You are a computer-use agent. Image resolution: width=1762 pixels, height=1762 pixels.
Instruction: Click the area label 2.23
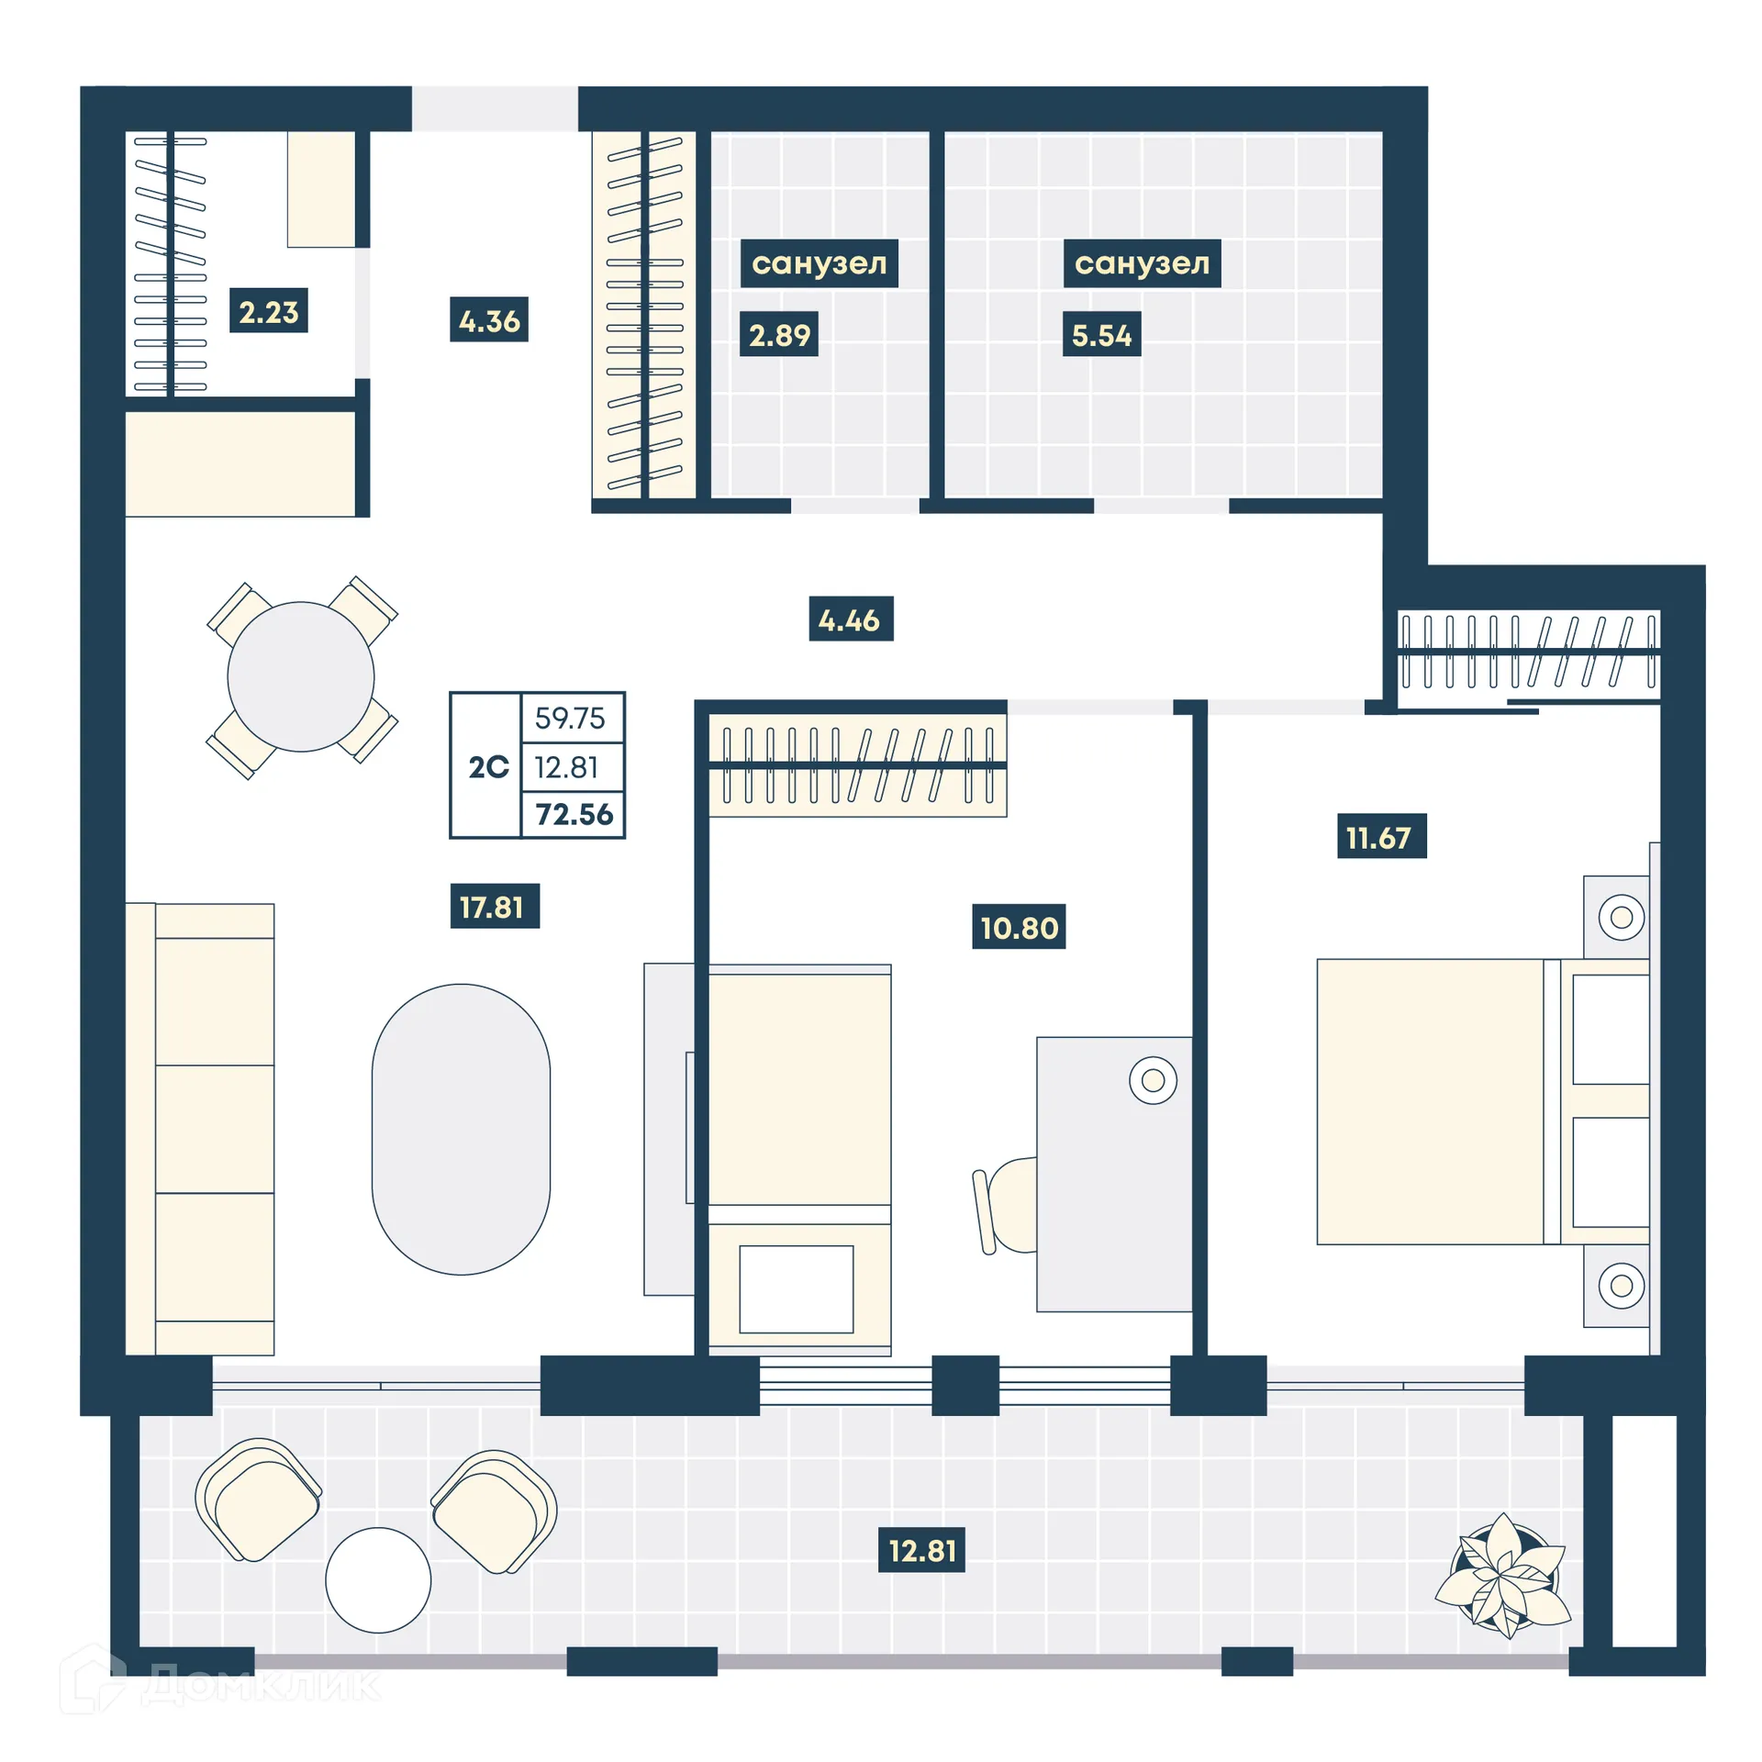(268, 311)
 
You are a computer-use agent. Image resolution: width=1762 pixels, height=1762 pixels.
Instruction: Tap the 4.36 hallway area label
(488, 320)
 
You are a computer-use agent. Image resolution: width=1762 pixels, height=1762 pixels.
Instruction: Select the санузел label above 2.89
(819, 263)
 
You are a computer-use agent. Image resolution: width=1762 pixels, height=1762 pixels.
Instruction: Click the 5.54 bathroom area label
(1100, 335)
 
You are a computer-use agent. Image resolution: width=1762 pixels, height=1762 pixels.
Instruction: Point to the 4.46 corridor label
(850, 619)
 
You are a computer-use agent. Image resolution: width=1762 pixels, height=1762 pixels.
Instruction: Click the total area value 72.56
(574, 814)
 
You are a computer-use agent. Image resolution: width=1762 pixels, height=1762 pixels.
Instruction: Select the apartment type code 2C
(488, 766)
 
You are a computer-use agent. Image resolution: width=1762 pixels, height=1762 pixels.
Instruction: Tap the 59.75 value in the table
(571, 718)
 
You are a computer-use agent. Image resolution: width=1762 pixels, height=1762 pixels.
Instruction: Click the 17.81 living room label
(494, 907)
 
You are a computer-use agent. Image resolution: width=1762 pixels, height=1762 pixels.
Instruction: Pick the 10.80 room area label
(1018, 927)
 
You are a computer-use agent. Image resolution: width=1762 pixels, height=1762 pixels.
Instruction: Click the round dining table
(300, 677)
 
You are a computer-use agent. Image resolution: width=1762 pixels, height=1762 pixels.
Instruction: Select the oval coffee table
(461, 1128)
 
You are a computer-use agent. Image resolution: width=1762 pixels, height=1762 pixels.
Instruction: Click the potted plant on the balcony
(1503, 1575)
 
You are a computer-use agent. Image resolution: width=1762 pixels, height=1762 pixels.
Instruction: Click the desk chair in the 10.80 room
(1007, 1205)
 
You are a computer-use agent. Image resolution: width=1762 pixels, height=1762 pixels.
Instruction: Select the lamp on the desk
(1153, 1079)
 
